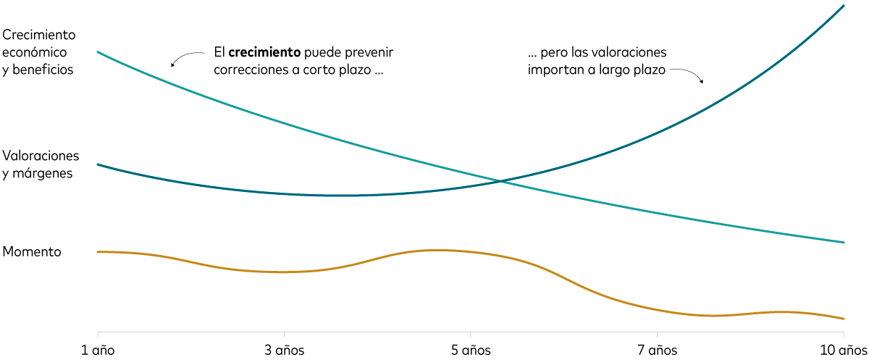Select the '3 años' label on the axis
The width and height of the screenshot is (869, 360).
[284, 350]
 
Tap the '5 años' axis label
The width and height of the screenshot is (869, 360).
[471, 350]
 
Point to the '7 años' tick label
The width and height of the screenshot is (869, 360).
[657, 350]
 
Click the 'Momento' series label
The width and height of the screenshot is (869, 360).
[32, 251]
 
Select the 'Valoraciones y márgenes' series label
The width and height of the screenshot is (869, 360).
[41, 164]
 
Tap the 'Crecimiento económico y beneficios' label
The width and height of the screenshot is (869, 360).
[38, 52]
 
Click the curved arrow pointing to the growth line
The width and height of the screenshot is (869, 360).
[186, 57]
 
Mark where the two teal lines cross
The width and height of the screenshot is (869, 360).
[500, 180]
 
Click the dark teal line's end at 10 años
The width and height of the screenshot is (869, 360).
[844, 6]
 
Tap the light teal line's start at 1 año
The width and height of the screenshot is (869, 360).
[97, 52]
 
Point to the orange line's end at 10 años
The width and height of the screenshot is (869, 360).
[844, 319]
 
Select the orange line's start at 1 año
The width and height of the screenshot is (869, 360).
[97, 251]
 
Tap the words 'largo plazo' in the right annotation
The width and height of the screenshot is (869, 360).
[633, 71]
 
